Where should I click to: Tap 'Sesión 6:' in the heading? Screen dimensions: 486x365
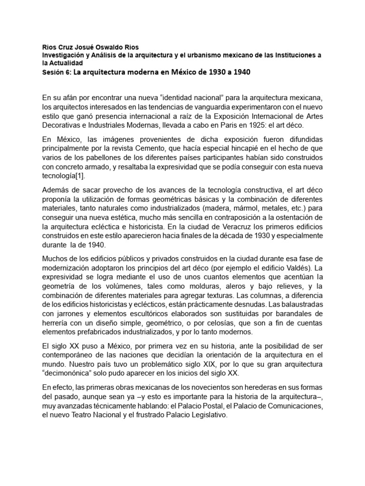57,73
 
